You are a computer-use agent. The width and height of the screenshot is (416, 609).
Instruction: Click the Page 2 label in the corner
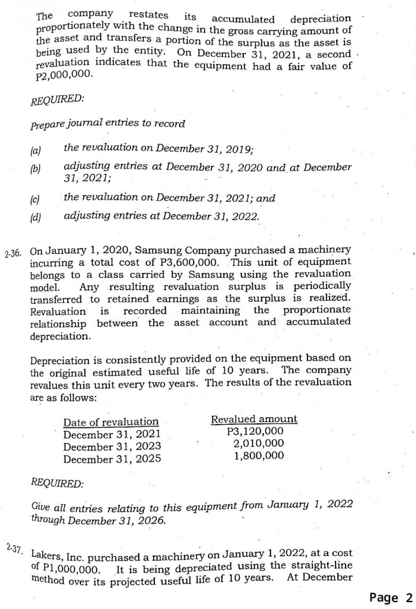(391, 597)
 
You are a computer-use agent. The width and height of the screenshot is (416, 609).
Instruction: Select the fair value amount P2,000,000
(60, 76)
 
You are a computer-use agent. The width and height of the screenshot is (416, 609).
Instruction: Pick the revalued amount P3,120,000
(255, 431)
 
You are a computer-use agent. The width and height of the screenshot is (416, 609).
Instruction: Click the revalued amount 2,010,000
(258, 443)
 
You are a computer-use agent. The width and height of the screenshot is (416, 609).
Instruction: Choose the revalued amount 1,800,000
(258, 455)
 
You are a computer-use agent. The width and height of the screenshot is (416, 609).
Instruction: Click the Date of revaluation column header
(110, 422)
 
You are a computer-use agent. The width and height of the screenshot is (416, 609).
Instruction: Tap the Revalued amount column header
(254, 419)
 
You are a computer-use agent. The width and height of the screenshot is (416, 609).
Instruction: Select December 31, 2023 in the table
(112, 446)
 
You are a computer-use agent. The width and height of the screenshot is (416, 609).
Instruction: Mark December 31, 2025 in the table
(112, 459)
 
